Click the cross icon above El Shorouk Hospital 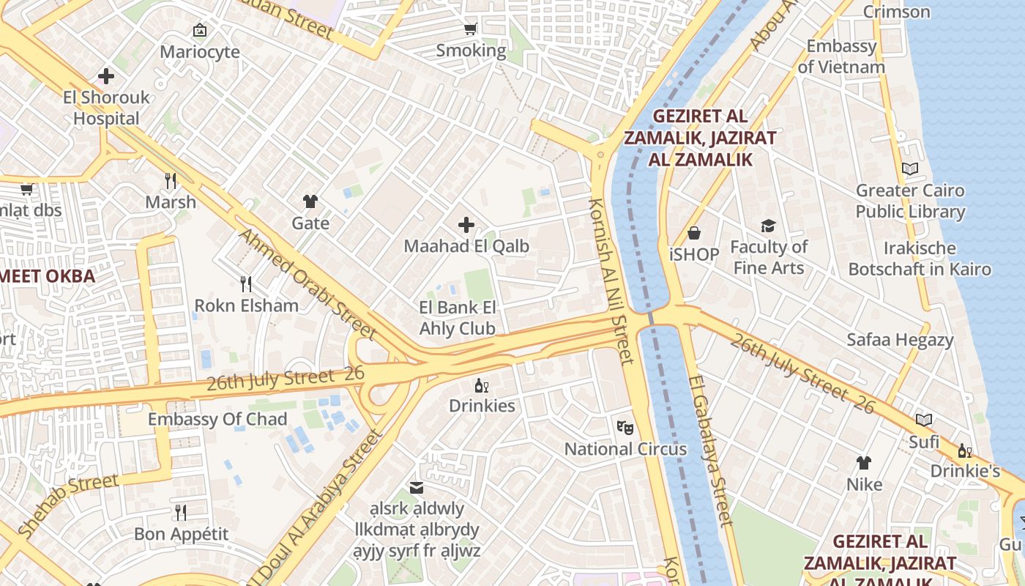106,75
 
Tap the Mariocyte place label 200,52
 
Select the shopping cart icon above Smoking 471,29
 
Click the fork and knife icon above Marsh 171,180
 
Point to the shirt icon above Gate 310,201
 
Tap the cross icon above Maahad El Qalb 466,225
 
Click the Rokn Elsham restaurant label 246,305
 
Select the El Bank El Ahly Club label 458,318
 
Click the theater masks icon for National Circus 625,427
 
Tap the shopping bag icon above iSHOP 693,233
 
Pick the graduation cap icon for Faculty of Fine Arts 768,226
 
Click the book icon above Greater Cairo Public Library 910,169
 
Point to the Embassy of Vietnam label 841,56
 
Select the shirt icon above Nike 864,463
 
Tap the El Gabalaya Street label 709,451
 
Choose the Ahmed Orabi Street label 308,284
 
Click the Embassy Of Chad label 217,419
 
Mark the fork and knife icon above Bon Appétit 181,512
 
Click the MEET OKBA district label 48,276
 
